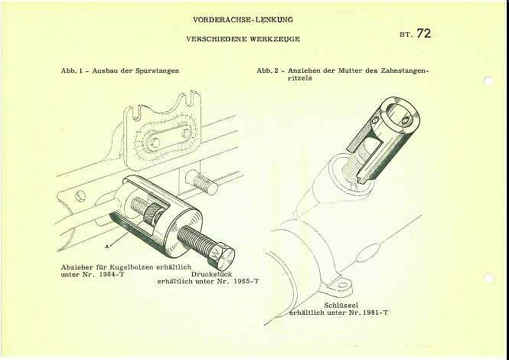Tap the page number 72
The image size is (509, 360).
click(423, 33)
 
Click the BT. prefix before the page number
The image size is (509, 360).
click(405, 35)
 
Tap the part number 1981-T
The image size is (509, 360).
click(374, 313)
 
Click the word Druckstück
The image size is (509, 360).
click(222, 274)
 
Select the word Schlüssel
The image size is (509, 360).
click(341, 305)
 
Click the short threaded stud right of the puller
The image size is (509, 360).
click(203, 182)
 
